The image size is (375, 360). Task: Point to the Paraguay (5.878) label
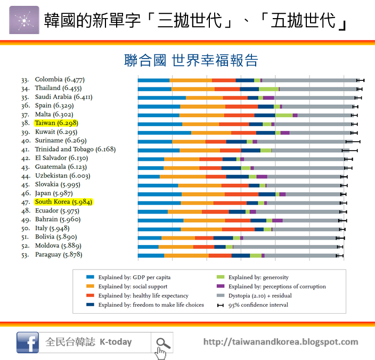59,255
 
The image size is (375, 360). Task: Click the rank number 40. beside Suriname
25,141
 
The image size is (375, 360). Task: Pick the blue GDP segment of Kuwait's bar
164,132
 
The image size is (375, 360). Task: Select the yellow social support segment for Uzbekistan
183,176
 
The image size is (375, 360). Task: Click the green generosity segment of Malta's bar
284,114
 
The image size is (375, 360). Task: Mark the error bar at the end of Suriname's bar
353,141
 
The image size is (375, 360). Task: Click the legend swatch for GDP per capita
90,277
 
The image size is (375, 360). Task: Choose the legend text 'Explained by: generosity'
258,277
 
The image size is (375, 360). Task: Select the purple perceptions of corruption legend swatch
220,287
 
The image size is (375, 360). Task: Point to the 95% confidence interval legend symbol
220,305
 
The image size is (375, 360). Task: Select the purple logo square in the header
24,20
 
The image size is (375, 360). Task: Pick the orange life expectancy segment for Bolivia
204,238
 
